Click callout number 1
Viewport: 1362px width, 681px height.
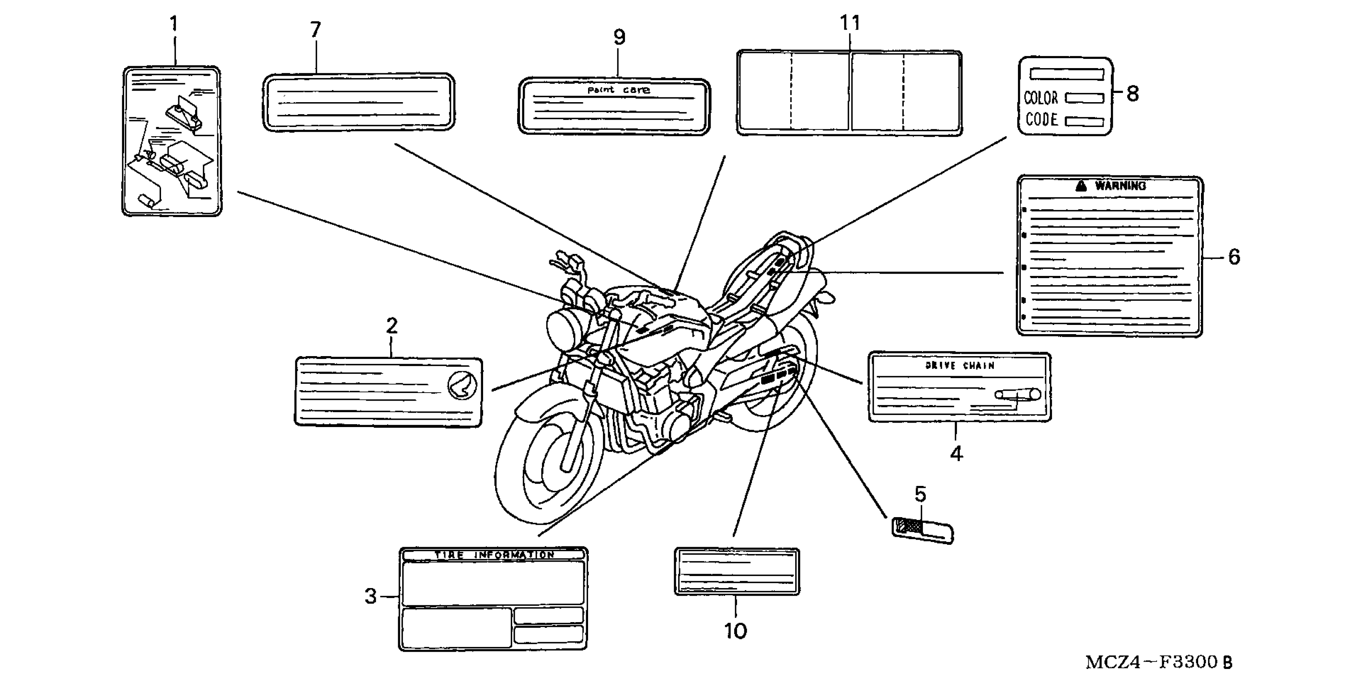coord(173,24)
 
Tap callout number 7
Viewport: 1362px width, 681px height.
coord(316,30)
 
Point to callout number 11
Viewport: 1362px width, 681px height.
coord(850,23)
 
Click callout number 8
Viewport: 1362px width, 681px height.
coord(1132,94)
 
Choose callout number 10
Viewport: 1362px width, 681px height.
coord(735,631)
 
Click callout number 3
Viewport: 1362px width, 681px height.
coord(371,596)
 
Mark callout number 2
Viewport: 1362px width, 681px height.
coord(391,326)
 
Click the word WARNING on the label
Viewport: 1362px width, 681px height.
coord(1120,185)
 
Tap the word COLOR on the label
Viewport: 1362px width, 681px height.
coord(1041,98)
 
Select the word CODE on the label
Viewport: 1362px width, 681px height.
coord(1042,120)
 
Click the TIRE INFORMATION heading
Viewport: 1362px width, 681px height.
coord(494,555)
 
